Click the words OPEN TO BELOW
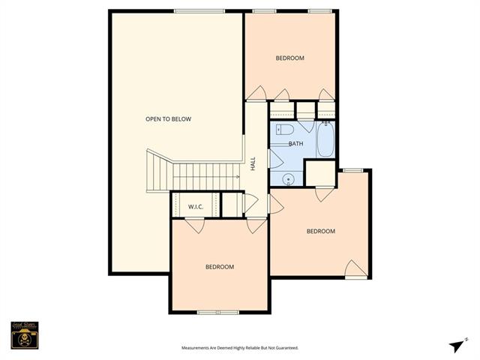point(169,119)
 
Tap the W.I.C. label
point(196,206)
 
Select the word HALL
point(253,163)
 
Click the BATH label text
point(295,143)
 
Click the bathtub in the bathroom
point(325,139)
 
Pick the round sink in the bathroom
point(286,178)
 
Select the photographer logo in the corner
point(25,334)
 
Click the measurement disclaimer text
point(240,348)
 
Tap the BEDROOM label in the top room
point(289,58)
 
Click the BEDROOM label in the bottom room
point(220,267)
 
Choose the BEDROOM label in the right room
point(321,231)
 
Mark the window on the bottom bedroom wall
point(217,312)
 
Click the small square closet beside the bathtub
point(320,173)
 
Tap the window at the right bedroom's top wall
point(353,170)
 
